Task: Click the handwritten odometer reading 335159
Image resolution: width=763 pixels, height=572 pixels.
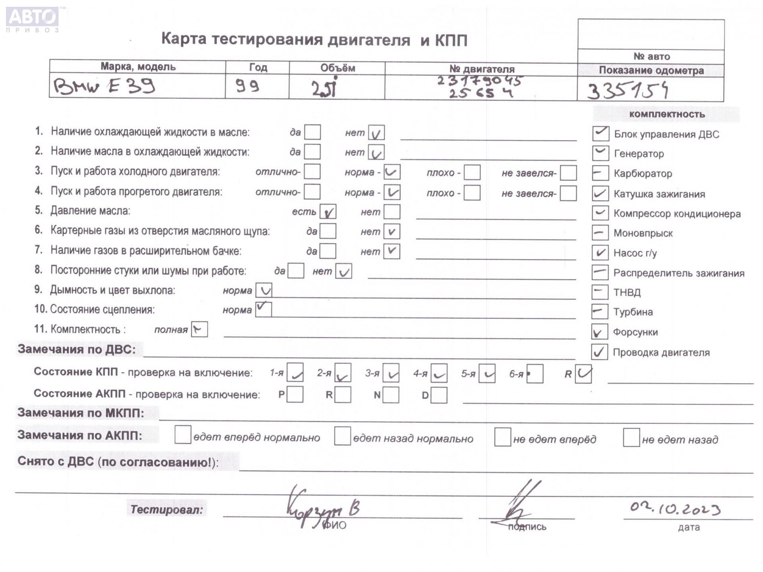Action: point(628,91)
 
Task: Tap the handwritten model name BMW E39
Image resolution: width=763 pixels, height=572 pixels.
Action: point(104,86)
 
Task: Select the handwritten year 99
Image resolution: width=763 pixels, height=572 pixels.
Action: point(247,85)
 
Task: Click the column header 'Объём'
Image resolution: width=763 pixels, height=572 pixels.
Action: point(337,68)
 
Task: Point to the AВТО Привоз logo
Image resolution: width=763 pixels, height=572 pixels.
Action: point(33,19)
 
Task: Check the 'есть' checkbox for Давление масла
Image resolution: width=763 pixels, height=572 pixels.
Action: point(328,212)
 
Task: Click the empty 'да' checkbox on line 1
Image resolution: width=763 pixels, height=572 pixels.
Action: point(312,132)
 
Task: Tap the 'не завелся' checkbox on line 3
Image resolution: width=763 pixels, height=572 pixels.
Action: point(568,173)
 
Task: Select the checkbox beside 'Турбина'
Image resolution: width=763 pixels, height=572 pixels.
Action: point(600,311)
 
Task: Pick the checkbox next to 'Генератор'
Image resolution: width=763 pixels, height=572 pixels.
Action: point(600,153)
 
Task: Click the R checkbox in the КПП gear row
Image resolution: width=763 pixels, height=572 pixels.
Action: point(583,374)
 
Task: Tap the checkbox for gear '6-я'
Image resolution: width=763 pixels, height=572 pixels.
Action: point(535,374)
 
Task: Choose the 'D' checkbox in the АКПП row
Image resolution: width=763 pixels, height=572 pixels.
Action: point(439,395)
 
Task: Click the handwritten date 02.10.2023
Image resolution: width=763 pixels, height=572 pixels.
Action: point(675,509)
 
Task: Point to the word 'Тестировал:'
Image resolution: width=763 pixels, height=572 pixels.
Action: point(167,509)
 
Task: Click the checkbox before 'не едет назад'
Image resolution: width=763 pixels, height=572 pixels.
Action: point(631,438)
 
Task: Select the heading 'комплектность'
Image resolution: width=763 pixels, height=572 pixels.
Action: point(667,114)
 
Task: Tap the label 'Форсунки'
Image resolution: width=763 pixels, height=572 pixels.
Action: point(635,332)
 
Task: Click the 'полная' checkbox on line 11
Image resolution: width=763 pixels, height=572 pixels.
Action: point(199,329)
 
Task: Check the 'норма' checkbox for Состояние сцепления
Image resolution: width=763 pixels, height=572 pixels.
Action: point(263,309)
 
